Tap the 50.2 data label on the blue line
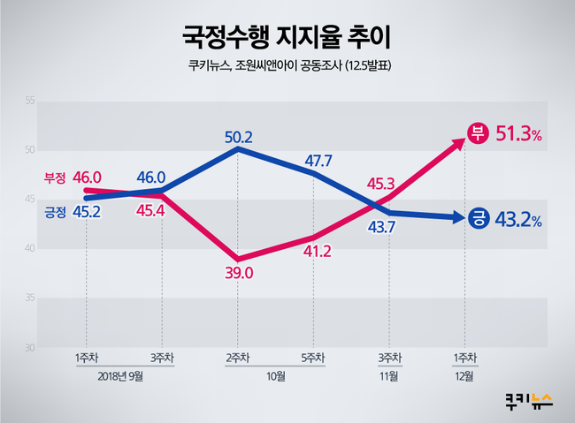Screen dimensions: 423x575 click(239, 137)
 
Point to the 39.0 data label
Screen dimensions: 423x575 click(239, 274)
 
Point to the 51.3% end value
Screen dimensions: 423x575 click(518, 135)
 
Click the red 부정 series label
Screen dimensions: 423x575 click(55, 178)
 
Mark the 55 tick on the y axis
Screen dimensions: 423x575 click(29, 102)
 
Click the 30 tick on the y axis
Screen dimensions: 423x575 click(29, 348)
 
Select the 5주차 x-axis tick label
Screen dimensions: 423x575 click(312, 358)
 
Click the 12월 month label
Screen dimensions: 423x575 click(464, 377)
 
